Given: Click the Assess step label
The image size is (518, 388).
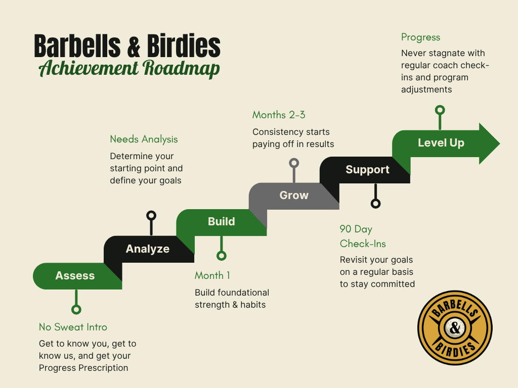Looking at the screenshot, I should pyautogui.click(x=75, y=276).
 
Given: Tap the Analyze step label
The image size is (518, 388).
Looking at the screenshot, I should pyautogui.click(x=147, y=249).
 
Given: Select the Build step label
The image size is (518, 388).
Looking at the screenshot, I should pyautogui.click(x=221, y=221).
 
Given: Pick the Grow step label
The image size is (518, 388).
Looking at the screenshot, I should pyautogui.click(x=294, y=195).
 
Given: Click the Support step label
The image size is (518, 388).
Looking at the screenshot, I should pyautogui.click(x=367, y=170).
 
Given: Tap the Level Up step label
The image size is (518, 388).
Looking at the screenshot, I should pyautogui.click(x=441, y=143).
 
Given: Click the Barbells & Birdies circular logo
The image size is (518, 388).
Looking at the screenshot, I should pyautogui.click(x=455, y=328).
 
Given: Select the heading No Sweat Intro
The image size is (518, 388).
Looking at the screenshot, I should pyautogui.click(x=73, y=327).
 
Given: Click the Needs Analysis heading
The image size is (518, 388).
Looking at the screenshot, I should pyautogui.click(x=144, y=139).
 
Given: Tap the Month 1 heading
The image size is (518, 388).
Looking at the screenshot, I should pyautogui.click(x=212, y=275).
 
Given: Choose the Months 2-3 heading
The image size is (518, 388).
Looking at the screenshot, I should pyautogui.click(x=279, y=115).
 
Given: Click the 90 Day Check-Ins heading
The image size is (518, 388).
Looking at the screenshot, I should pyautogui.click(x=363, y=236).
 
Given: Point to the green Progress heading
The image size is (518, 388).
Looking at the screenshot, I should pyautogui.click(x=420, y=37).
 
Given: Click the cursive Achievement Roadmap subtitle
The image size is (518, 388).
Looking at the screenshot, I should pyautogui.click(x=129, y=68).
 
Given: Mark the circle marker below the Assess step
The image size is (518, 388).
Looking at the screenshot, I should pyautogui.click(x=76, y=310).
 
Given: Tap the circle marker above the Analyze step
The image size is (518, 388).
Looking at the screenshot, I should pyautogui.click(x=151, y=216).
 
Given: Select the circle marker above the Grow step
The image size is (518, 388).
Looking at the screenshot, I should pyautogui.click(x=294, y=163).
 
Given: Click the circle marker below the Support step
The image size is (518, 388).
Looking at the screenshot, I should pyautogui.click(x=375, y=204).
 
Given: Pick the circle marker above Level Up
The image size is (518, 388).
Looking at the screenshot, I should pyautogui.click(x=440, y=110).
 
